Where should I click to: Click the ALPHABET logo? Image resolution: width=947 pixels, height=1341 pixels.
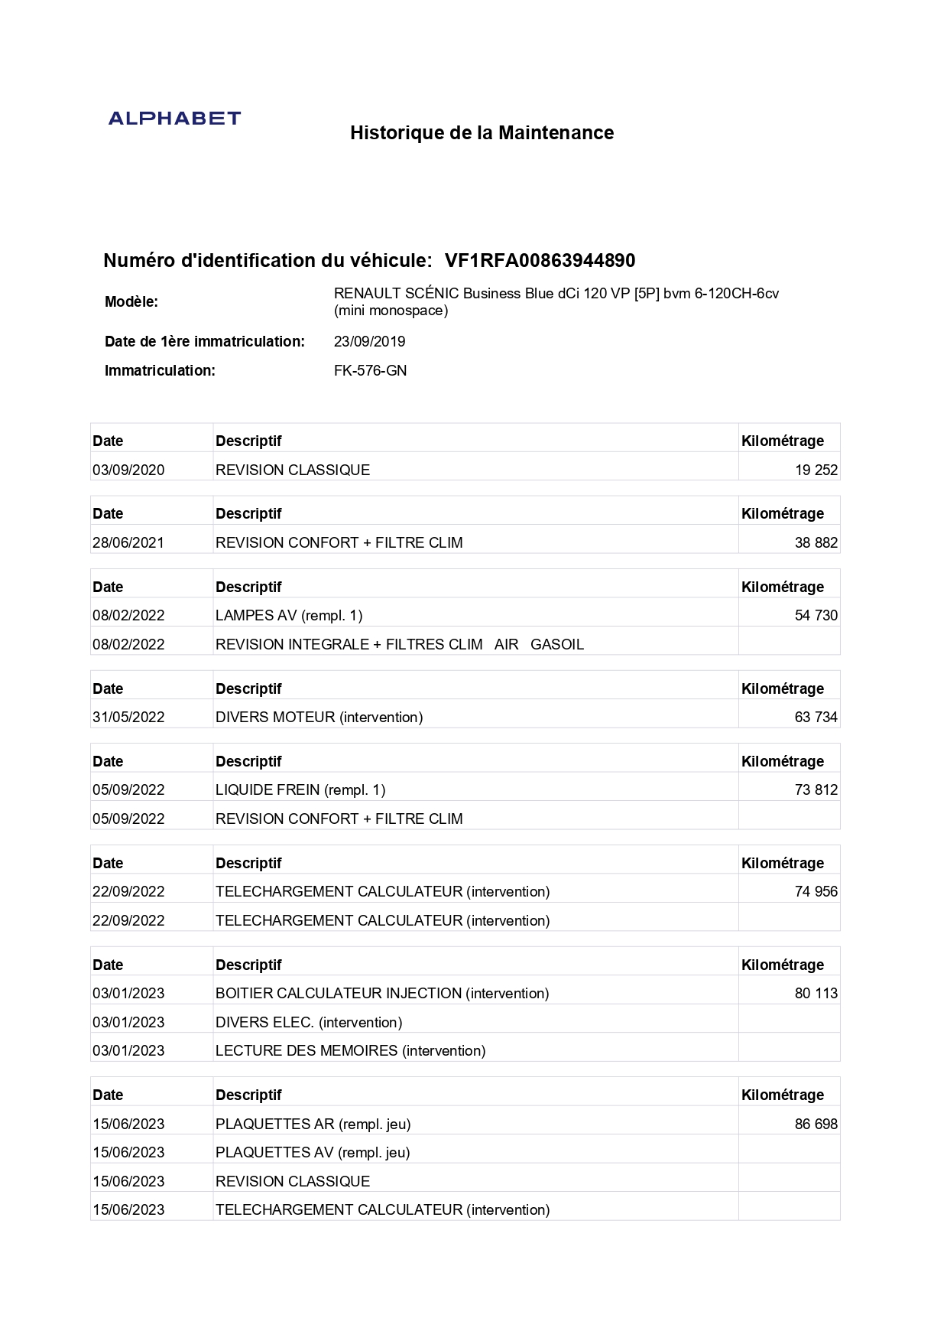174,119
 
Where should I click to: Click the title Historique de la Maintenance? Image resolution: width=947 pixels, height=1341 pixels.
482,133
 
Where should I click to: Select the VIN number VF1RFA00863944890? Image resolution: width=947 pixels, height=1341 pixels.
540,261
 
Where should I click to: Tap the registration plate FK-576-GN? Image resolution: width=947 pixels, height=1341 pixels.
370,371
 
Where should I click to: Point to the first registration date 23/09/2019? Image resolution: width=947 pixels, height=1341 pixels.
369,342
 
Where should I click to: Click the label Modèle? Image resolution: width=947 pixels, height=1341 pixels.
131,302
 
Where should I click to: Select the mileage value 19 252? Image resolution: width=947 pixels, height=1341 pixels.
816,470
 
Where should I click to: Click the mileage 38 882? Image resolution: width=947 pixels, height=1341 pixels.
816,543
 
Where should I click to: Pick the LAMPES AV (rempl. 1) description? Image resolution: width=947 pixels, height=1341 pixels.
289,616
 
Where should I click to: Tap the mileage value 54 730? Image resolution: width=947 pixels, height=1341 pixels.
816,616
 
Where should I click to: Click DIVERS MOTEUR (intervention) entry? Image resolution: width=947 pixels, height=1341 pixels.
319,718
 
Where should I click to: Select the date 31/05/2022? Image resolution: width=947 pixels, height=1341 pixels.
128,718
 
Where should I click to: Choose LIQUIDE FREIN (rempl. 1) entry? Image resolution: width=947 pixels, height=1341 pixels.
300,790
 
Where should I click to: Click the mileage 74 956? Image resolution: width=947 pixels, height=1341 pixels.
816,892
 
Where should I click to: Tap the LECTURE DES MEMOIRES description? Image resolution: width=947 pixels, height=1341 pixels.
350,1051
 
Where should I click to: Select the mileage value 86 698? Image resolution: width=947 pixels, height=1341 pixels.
816,1125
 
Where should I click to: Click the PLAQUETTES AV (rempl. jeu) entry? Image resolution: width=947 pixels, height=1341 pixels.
313,1153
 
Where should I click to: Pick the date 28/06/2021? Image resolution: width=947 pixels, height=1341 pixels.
128,543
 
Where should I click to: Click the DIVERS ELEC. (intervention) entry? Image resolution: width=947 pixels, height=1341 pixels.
309,1023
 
